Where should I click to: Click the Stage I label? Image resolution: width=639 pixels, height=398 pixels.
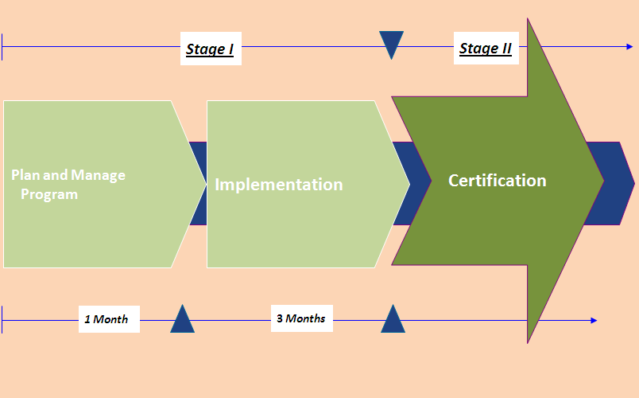[x=210, y=49]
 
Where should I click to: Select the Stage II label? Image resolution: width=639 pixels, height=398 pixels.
[x=486, y=49]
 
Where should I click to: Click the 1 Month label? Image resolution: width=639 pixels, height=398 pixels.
[x=106, y=319]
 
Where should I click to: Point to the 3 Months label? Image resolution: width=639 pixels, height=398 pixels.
[x=300, y=318]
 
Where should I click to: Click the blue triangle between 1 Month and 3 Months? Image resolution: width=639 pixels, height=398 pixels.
[x=182, y=320]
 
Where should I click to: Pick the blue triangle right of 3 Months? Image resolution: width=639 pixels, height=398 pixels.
[x=393, y=320]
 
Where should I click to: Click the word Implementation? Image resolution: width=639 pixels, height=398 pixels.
[x=279, y=185]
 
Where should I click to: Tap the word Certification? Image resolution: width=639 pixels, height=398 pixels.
[x=498, y=181]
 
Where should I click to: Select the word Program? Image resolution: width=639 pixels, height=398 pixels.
[x=49, y=194]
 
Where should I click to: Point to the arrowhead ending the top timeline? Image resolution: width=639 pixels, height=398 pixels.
[x=629, y=47]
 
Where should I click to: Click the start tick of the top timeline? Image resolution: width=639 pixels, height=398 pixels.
[x=3, y=47]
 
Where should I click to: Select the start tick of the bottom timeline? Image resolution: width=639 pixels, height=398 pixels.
[x=3, y=320]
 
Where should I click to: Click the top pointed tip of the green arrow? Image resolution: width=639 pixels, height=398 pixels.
[x=529, y=21]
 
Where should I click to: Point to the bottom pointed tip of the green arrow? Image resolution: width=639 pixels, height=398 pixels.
[x=529, y=341]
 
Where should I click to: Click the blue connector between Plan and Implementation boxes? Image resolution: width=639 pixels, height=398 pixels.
[x=198, y=184]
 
